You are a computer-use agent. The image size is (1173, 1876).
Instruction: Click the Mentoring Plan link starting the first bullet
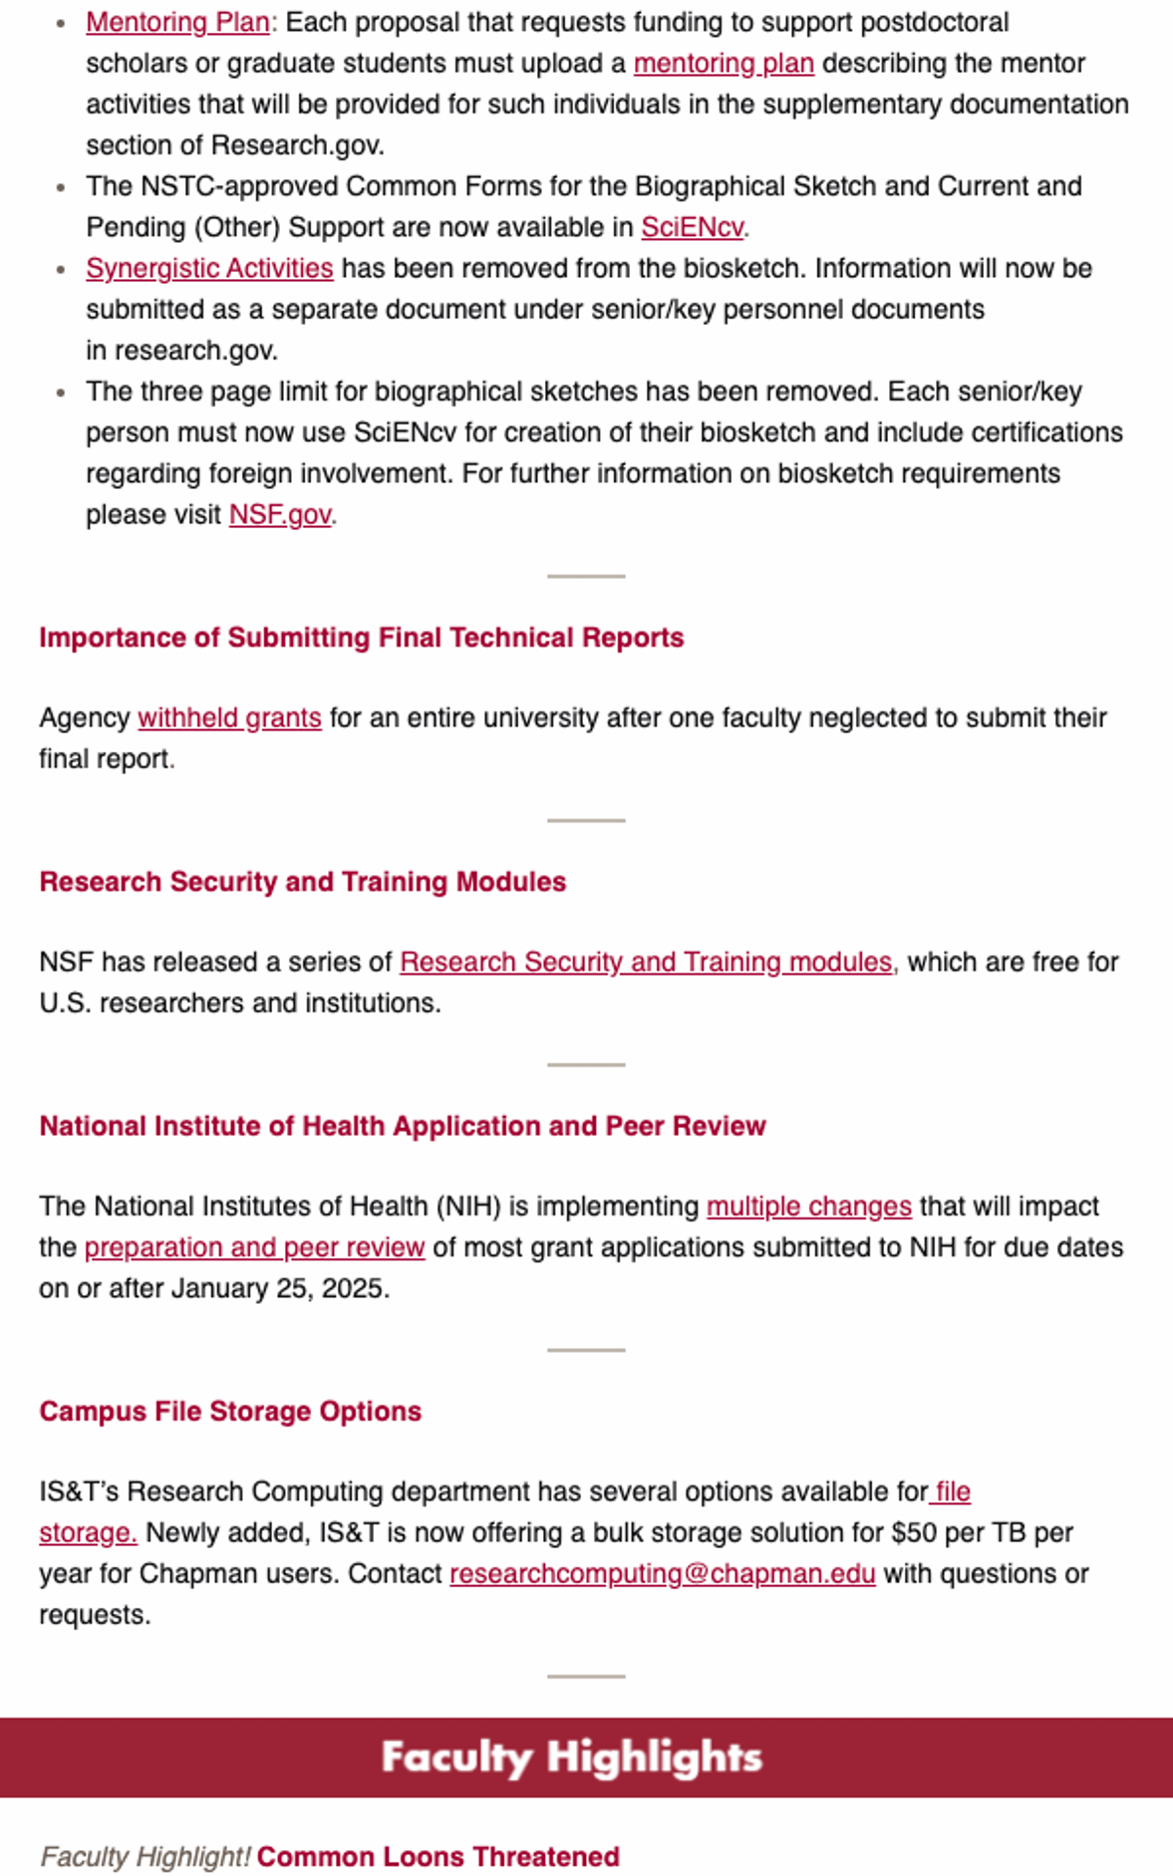[177, 22]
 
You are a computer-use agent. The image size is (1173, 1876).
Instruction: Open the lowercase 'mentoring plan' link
[724, 63]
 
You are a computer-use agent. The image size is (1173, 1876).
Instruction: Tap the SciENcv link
[692, 227]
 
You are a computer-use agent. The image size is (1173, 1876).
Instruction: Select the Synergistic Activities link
[209, 268]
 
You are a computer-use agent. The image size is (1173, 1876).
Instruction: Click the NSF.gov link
[280, 514]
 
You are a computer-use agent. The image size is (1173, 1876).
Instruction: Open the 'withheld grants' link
[229, 717]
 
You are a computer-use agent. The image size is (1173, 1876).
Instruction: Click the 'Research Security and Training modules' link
[646, 961]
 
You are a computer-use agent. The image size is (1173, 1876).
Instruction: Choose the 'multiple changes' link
[808, 1206]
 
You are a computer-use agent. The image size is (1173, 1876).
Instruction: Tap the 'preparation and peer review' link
[254, 1247]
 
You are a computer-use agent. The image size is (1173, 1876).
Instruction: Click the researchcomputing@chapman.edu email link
[662, 1573]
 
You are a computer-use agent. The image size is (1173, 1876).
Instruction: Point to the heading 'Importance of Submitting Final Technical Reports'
[362, 638]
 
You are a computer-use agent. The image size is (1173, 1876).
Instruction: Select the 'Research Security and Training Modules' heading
[303, 882]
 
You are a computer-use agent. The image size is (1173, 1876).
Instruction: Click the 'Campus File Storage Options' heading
[230, 1411]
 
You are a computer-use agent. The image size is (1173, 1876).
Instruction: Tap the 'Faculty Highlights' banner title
[572, 1757]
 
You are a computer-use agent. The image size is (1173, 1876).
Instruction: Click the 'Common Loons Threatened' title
[439, 1857]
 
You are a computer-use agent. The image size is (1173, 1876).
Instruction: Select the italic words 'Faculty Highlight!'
[146, 1857]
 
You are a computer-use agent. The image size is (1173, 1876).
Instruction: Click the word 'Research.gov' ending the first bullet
[296, 145]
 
